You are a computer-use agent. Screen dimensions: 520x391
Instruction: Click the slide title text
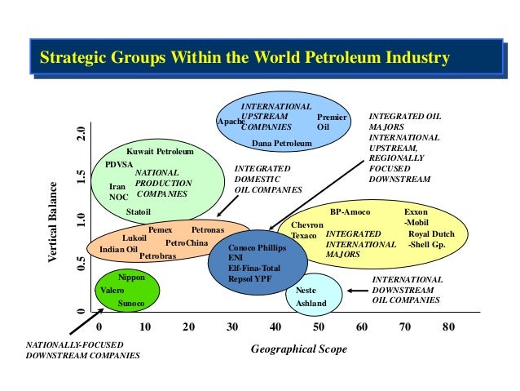pos(245,59)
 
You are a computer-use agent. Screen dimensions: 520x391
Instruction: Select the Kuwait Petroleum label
pos(160,152)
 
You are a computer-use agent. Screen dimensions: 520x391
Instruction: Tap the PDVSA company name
pos(119,164)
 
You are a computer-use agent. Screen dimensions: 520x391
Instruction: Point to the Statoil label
pos(139,211)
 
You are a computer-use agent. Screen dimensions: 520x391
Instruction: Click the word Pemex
pos(160,230)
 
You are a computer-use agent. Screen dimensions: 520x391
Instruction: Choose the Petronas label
pos(207,230)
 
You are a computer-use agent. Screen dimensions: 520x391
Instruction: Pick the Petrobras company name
pos(157,256)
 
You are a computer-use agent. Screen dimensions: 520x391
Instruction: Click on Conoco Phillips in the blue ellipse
pos(256,247)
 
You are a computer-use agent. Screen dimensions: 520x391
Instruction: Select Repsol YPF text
pos(252,278)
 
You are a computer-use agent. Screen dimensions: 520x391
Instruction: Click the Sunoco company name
pos(131,304)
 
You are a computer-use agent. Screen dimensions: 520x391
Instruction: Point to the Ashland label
pos(311,304)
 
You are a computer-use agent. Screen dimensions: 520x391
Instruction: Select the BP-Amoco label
pos(350,212)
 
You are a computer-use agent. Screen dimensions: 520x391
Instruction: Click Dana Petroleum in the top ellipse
pos(282,144)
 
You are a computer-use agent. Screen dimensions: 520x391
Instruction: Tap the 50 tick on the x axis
pos(319,328)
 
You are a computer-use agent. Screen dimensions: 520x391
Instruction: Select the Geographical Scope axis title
pos(298,349)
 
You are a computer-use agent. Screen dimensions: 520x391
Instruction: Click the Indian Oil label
pos(118,250)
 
